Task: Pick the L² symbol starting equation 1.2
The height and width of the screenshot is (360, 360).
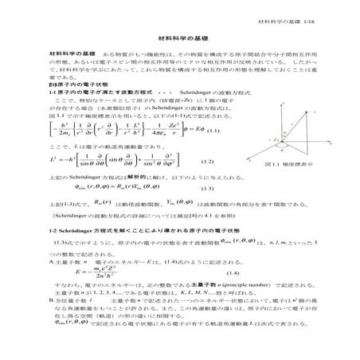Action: (55, 182)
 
